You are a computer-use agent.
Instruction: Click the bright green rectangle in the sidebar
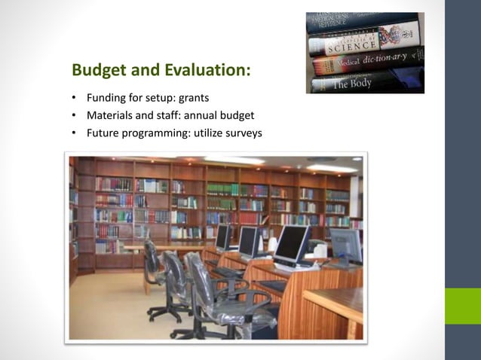coord(462,306)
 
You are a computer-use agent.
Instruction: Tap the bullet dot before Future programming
coord(75,133)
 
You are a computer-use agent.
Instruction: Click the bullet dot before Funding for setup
coord(75,99)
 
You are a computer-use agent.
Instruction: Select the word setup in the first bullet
coord(166,99)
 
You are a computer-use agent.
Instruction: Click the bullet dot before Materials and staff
coord(75,116)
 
